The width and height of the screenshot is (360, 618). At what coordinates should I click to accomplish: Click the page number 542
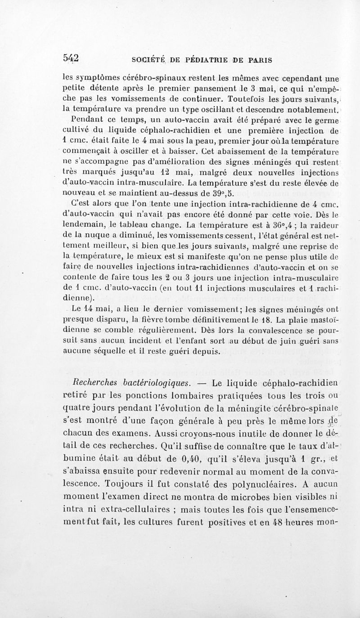click(x=71, y=58)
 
